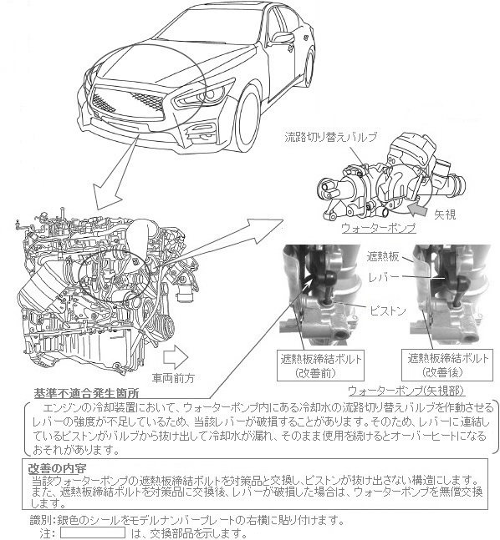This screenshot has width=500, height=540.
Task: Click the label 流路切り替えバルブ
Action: pyautogui.click(x=330, y=137)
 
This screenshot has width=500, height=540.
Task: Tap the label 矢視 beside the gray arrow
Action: pyautogui.click(x=445, y=214)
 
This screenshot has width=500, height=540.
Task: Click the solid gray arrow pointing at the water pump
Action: pyautogui.click(x=417, y=209)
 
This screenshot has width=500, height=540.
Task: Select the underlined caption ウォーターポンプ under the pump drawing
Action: pyautogui.click(x=378, y=228)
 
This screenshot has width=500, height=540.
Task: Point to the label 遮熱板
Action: pyautogui.click(x=383, y=256)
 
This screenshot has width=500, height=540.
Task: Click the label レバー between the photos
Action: pyautogui.click(x=384, y=277)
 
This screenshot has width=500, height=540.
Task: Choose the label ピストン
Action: pyautogui.click(x=387, y=311)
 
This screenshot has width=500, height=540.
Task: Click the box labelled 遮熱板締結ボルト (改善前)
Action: pyautogui.click(x=320, y=366)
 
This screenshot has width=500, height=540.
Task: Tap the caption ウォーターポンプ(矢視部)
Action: pyautogui.click(x=406, y=391)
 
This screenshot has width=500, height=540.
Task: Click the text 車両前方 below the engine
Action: pyautogui.click(x=173, y=378)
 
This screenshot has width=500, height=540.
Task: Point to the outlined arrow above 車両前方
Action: pyautogui.click(x=176, y=357)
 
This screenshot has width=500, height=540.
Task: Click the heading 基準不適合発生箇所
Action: pyautogui.click(x=86, y=393)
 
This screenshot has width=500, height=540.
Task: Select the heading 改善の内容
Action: pyautogui.click(x=57, y=468)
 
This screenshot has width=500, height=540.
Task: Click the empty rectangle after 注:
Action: pyautogui.click(x=93, y=532)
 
